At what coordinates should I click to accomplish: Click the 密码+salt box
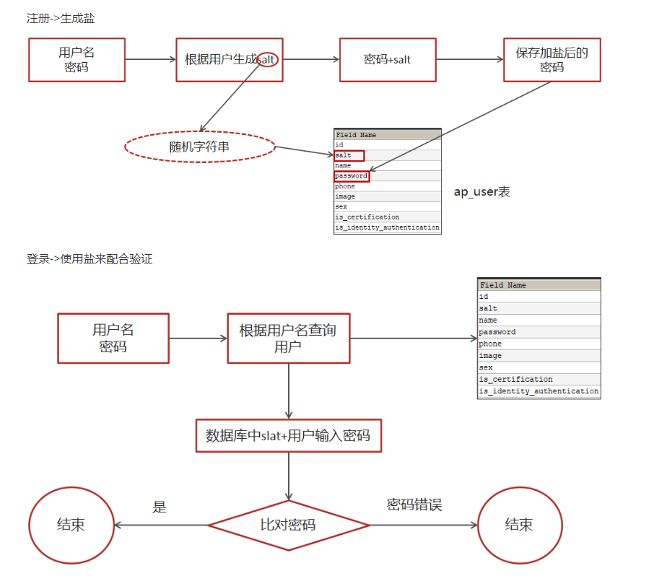tap(388, 59)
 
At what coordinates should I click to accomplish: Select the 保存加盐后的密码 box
tap(552, 59)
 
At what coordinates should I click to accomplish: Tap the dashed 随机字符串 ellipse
tap(200, 147)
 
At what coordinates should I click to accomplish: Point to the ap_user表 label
tap(481, 192)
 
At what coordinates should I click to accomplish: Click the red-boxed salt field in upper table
tap(349, 155)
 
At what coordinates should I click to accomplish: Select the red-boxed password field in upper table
tap(352, 176)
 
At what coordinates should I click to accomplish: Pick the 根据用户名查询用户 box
tap(288, 338)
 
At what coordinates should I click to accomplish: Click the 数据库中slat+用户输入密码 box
tap(288, 435)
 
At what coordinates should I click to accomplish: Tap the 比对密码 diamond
tap(288, 525)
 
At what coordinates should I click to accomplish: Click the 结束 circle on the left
tap(71, 525)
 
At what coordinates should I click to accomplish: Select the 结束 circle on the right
tap(519, 525)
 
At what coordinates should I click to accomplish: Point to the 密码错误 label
tap(414, 505)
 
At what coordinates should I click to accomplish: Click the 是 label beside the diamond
tap(160, 507)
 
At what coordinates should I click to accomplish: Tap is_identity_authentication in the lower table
tap(539, 391)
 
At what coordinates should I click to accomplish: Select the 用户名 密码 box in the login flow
tap(113, 338)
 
